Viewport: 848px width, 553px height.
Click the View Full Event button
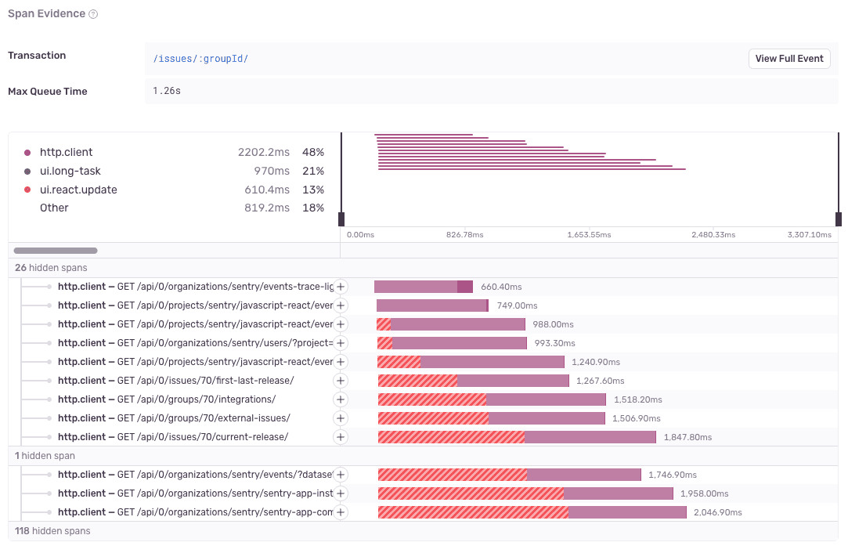(789, 59)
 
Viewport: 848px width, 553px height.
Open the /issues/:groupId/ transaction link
(200, 59)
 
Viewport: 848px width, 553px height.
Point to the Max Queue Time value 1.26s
(167, 92)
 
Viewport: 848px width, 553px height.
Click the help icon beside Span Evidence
(93, 14)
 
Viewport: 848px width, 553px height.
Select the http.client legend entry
(66, 152)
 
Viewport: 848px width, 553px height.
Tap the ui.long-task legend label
(70, 171)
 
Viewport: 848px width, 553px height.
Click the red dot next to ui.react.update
(28, 190)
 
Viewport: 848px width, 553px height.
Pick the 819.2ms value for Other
(264, 208)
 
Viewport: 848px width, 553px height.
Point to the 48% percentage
(313, 152)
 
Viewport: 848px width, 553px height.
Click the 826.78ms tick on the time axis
(464, 234)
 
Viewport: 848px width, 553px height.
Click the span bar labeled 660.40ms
(424, 287)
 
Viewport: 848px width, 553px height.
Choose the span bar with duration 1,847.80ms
(517, 437)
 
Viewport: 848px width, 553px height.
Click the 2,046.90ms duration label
(717, 512)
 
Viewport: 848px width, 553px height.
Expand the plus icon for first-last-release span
(341, 381)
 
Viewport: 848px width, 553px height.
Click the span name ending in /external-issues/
(174, 418)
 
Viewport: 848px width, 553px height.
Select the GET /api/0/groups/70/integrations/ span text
(196, 399)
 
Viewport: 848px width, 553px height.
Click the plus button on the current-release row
(341, 437)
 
